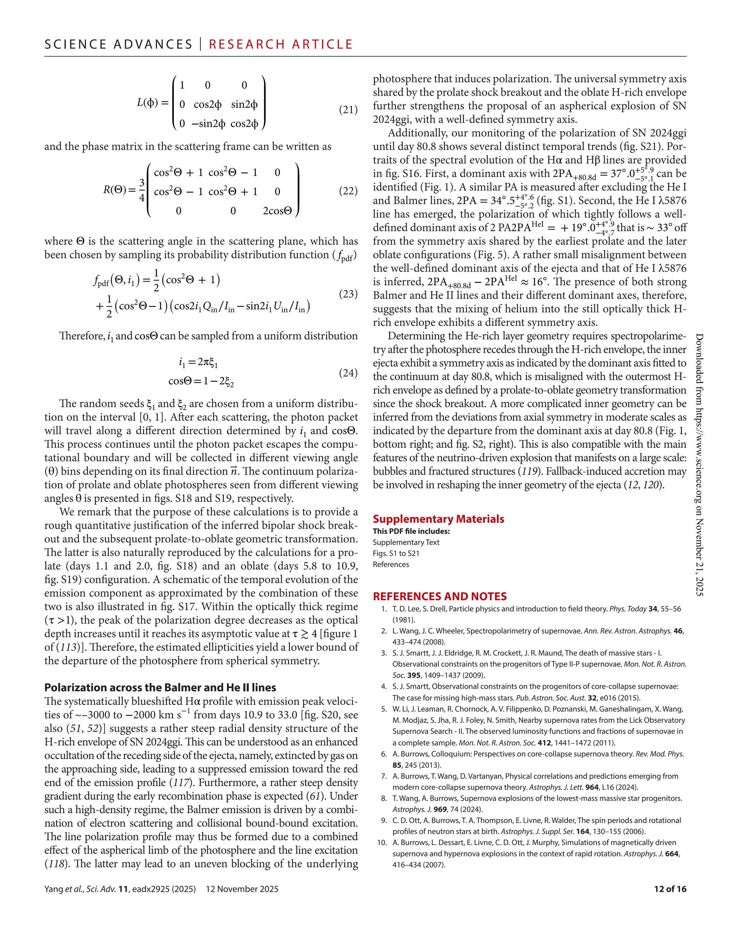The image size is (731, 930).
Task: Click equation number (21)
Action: [x=348, y=110]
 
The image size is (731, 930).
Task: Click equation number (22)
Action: [x=348, y=191]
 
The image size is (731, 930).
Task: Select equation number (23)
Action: [x=348, y=294]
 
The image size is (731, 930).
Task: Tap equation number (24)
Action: [x=348, y=373]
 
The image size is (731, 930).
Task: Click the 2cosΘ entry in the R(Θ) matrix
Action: [x=277, y=211]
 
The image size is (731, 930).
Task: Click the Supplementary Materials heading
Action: [x=438, y=519]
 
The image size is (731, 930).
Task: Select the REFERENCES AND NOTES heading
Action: [x=439, y=596]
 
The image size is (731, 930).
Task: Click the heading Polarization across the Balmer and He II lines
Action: [x=160, y=687]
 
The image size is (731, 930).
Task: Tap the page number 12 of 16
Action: [x=670, y=889]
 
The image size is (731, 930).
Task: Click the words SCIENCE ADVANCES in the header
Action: [x=119, y=45]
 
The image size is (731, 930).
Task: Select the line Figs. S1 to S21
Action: [x=396, y=554]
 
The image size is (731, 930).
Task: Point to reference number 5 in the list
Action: [x=384, y=709]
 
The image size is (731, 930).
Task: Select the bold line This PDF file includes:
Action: [x=411, y=531]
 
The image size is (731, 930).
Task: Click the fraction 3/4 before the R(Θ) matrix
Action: [x=142, y=191]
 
